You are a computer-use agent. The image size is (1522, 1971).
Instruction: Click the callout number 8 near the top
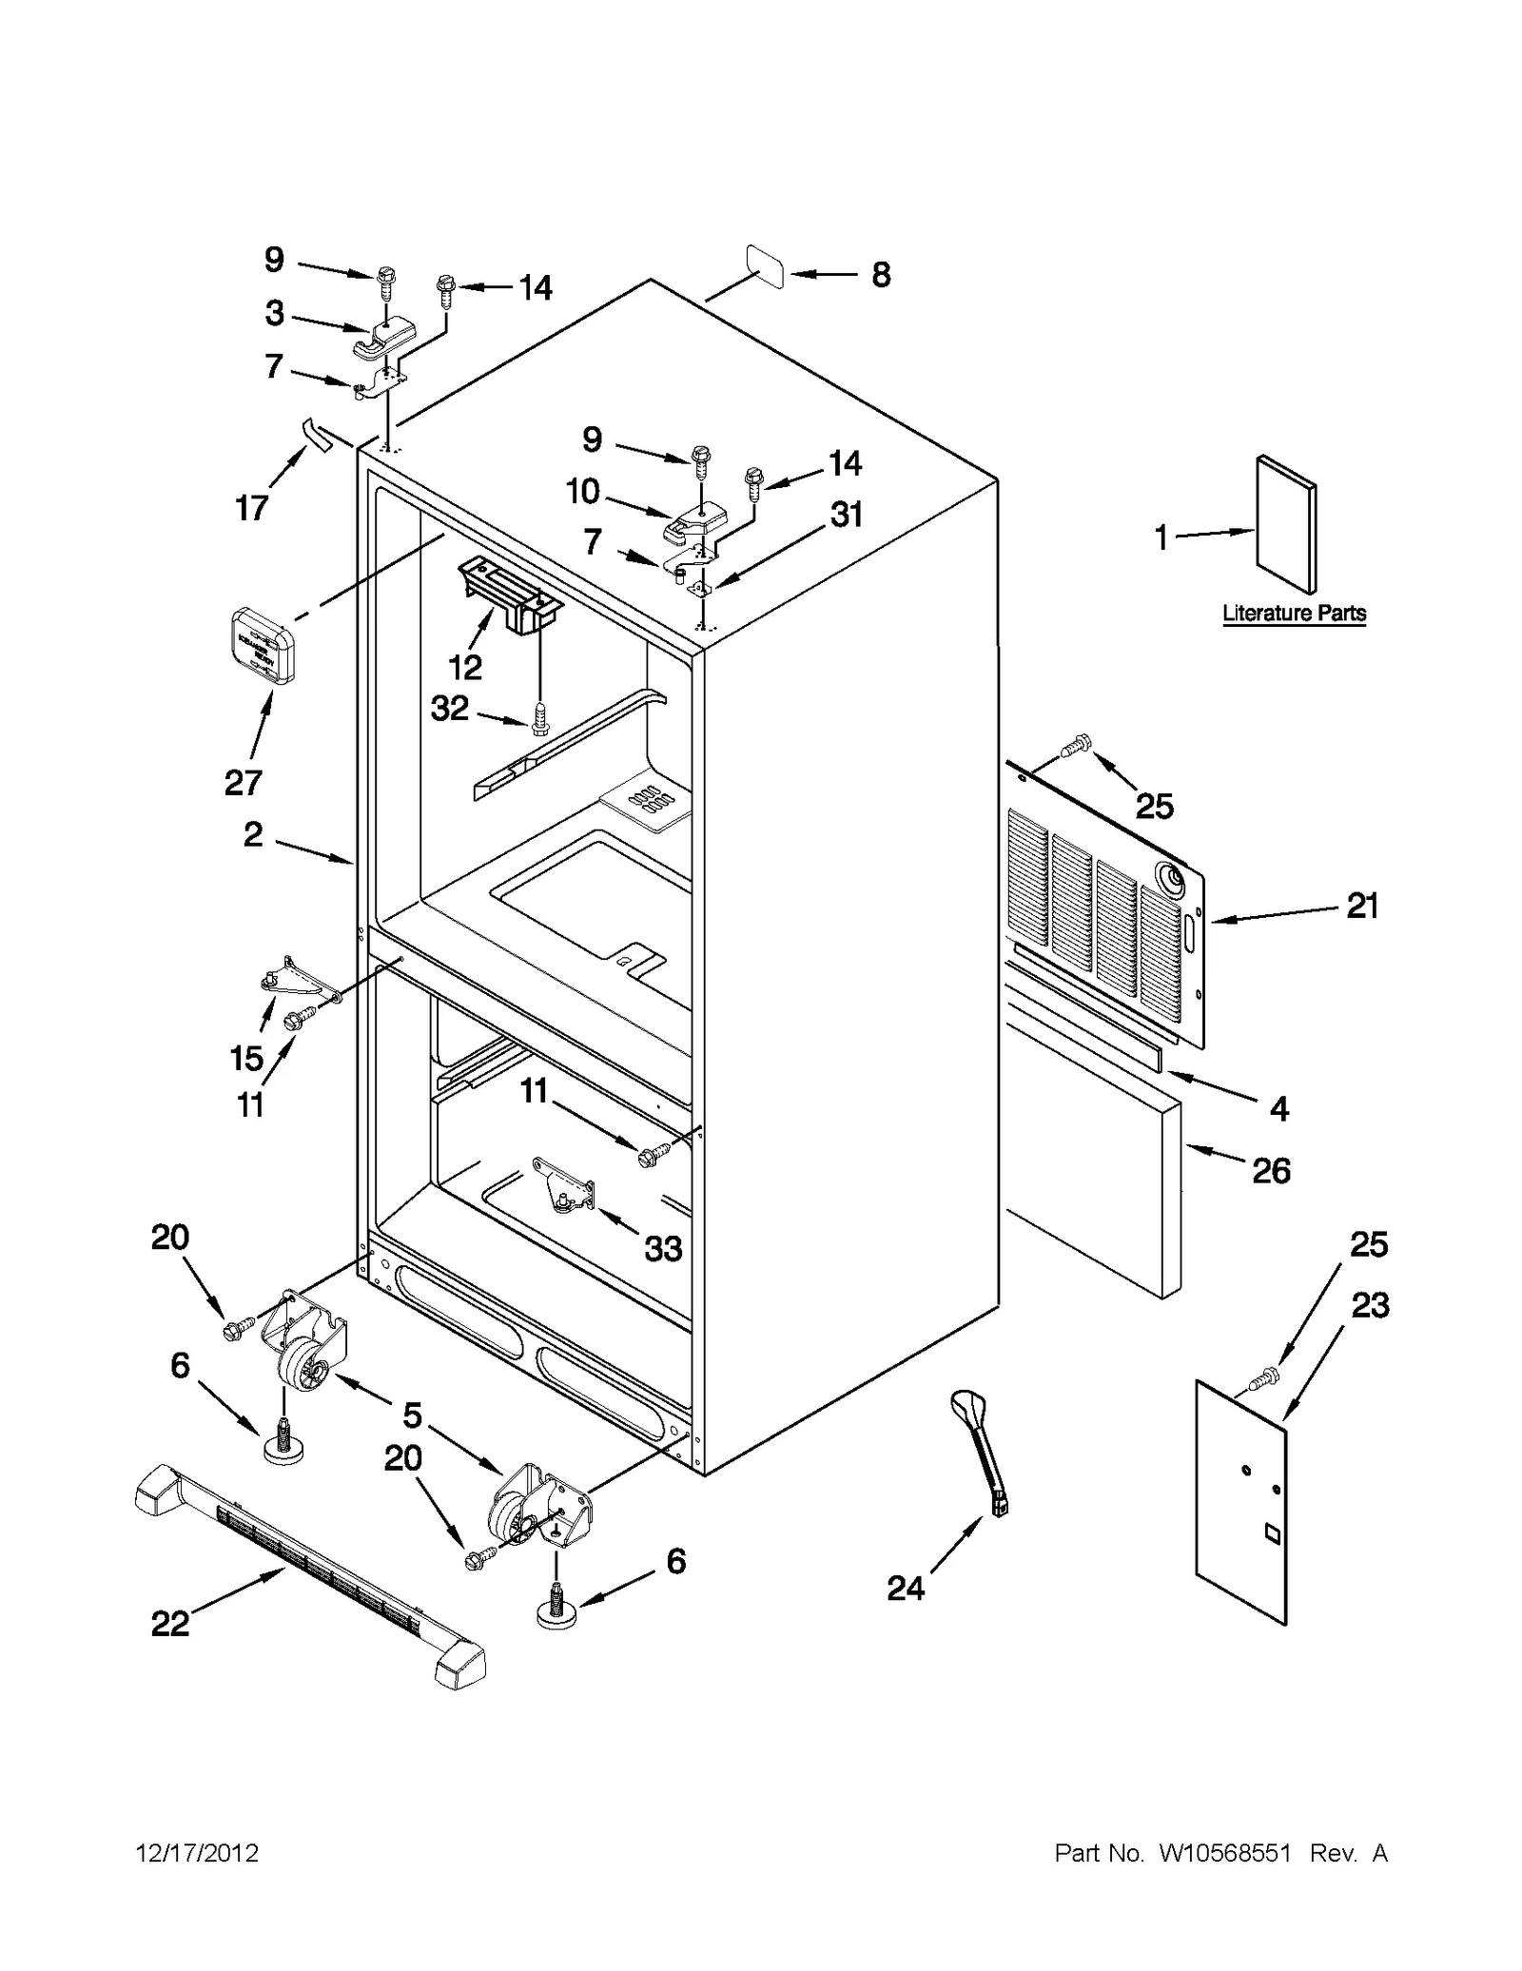(x=881, y=275)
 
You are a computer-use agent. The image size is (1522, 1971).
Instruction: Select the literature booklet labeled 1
(x=1286, y=524)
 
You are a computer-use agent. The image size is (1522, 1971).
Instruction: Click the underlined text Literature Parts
(x=1294, y=614)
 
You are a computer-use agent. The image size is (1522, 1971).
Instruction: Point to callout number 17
(x=252, y=508)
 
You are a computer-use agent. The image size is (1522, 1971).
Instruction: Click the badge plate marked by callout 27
(x=263, y=646)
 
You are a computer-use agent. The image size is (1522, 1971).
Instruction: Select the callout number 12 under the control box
(x=465, y=668)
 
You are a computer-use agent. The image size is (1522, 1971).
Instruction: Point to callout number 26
(x=1271, y=1170)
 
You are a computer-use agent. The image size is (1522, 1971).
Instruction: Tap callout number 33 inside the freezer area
(x=663, y=1248)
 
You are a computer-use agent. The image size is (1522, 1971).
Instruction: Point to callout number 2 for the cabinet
(x=252, y=834)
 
